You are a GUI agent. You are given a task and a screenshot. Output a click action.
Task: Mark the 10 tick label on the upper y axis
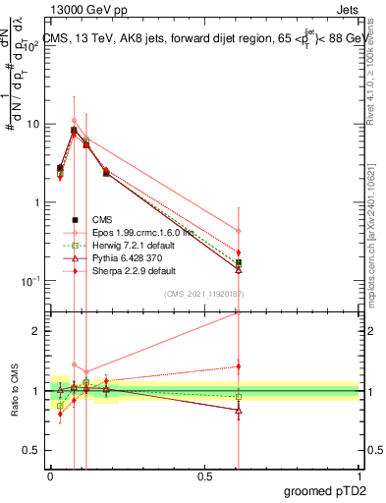point(32,125)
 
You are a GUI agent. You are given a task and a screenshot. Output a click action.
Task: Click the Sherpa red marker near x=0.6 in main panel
point(239,252)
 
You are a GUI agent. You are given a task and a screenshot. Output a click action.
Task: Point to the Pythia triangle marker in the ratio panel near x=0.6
point(239,411)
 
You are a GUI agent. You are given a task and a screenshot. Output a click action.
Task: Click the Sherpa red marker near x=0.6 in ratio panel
point(239,366)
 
